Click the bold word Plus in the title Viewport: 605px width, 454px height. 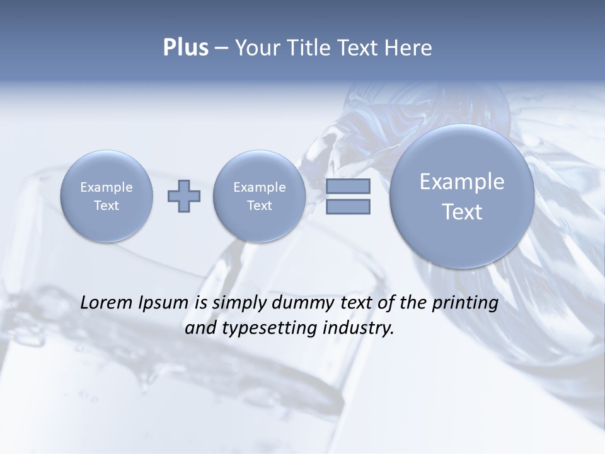pos(185,48)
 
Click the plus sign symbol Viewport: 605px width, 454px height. pos(184,196)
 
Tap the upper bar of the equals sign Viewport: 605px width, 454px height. pos(348,187)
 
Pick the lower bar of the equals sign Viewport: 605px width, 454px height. pos(348,206)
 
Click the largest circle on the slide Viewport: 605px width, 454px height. pos(462,195)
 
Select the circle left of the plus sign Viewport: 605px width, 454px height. pos(107,196)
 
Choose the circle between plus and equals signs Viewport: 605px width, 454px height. pos(259,196)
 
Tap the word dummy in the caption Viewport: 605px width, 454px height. pos(297,303)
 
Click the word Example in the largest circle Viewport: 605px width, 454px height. pos(462,182)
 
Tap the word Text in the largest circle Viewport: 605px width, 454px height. pos(462,212)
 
